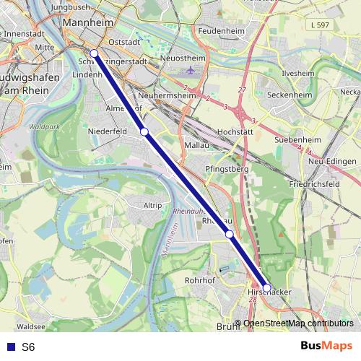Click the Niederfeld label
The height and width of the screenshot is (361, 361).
point(107,132)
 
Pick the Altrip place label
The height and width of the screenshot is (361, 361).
point(152,205)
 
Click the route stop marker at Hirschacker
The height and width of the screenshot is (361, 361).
point(267,288)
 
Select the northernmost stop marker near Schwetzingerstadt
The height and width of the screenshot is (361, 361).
point(94,53)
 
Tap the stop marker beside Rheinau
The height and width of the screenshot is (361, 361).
point(229,234)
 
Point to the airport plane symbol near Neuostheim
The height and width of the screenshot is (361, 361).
point(190,71)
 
